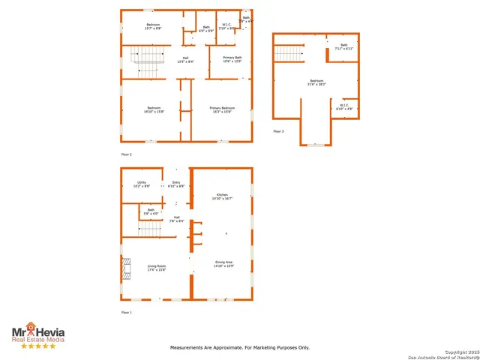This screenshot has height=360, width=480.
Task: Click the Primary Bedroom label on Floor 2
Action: pos(222,110)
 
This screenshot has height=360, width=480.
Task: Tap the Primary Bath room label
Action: pos(232,59)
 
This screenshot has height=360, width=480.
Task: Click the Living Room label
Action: pos(156,268)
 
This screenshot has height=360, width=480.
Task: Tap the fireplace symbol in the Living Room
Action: pos(126,268)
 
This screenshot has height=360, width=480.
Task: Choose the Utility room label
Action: pos(142,184)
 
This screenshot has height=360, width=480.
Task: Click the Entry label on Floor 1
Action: pos(176,184)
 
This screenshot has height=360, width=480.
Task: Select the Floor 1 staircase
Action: pos(150,229)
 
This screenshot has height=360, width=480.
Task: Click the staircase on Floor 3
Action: pos(287,54)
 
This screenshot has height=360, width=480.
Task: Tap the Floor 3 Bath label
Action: pos(343,46)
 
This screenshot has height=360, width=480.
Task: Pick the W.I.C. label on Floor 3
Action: pos(343,106)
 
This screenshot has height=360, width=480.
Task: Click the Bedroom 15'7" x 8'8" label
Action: pos(152,27)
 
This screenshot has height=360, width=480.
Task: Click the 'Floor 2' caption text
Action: pos(127,154)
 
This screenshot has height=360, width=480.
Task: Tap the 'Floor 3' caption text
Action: pos(278,131)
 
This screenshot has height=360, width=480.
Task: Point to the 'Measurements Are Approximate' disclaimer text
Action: pos(239,347)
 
